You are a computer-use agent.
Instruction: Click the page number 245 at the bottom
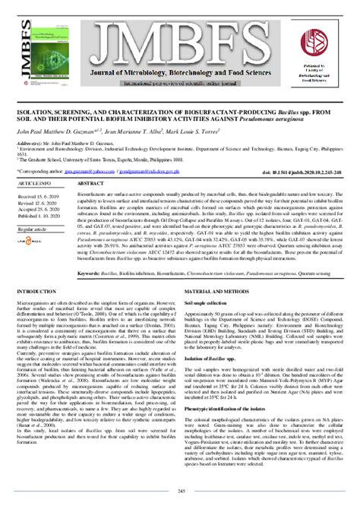click(x=180, y=492)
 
